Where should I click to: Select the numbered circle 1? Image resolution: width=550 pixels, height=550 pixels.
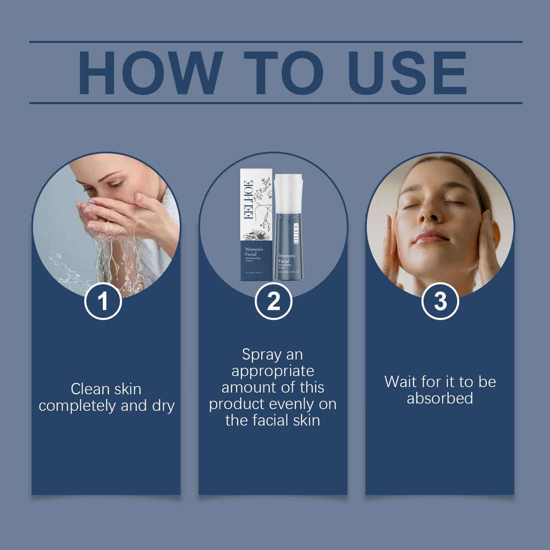102,301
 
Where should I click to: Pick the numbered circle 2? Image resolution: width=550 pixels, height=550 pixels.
273,301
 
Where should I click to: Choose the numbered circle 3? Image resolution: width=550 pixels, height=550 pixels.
440,301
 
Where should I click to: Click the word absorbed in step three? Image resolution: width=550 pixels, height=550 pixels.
440,398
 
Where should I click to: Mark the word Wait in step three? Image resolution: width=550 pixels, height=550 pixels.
400,381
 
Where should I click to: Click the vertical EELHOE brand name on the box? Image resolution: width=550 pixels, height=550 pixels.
249,199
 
